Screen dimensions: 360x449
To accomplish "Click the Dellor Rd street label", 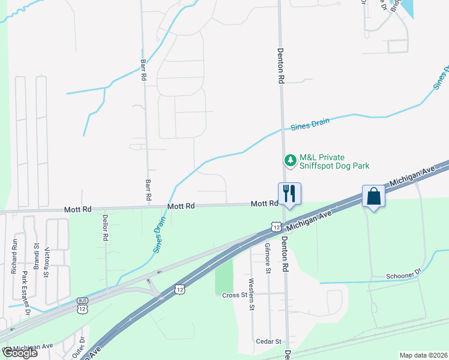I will point(105,229).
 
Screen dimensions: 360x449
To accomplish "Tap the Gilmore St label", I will point(269,256).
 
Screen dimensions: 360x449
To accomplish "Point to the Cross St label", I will point(235,295).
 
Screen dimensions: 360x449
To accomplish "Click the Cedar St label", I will point(270,341).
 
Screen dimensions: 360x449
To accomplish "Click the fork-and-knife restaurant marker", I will point(289,193).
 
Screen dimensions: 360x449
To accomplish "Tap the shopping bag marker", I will point(373,196).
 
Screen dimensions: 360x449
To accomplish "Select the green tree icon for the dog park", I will point(291,161).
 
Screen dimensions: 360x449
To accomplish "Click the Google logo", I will point(20,353).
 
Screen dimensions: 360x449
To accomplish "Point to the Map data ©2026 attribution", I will point(423,355).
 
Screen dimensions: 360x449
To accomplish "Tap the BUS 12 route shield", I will point(83,306).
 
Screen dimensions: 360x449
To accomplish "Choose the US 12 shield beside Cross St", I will point(179,289).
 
